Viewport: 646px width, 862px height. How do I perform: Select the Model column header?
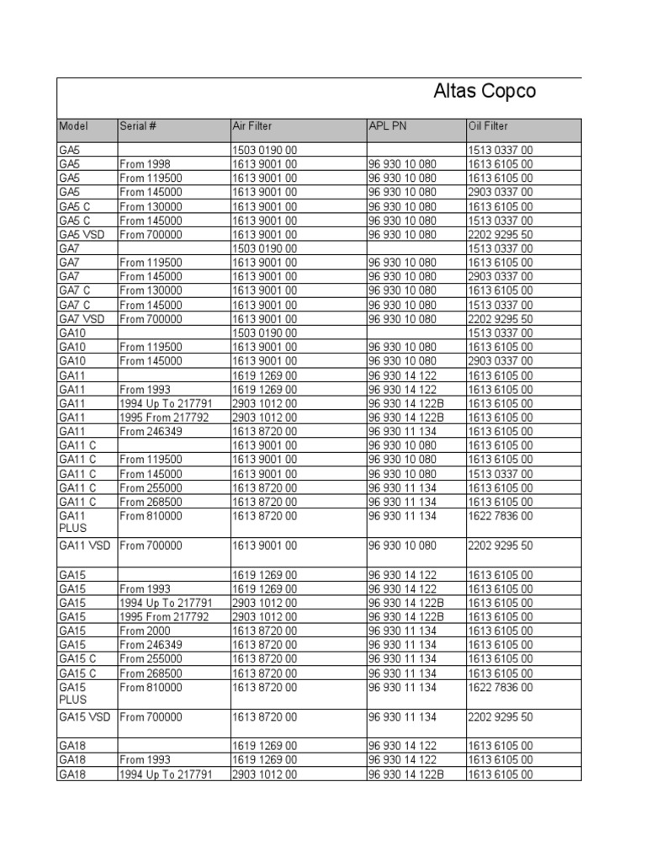click(74, 126)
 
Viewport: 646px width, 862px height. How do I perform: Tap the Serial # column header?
click(138, 126)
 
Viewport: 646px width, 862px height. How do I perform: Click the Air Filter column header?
click(252, 126)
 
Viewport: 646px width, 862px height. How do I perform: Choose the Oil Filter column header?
click(488, 126)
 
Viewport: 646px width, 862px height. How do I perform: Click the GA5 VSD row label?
click(82, 235)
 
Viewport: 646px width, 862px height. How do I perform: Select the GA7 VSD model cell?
click(82, 319)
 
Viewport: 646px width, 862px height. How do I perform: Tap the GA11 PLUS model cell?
click(73, 522)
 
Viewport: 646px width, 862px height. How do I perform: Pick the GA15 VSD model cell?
click(84, 717)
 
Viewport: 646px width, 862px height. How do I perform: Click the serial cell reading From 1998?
click(145, 164)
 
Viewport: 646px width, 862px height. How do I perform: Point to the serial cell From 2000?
click(145, 631)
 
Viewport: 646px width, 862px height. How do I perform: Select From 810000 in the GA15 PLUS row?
click(151, 688)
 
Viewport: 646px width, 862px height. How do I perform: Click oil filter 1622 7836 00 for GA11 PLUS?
click(500, 515)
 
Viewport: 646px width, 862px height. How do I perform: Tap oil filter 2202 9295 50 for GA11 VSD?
click(500, 545)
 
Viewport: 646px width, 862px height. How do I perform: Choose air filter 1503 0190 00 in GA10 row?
click(264, 333)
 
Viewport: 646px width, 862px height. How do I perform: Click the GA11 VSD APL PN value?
click(402, 545)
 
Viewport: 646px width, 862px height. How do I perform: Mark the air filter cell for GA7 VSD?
click(264, 319)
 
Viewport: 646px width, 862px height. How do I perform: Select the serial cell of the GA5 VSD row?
click(151, 235)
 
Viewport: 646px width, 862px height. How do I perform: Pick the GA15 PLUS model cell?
click(73, 694)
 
